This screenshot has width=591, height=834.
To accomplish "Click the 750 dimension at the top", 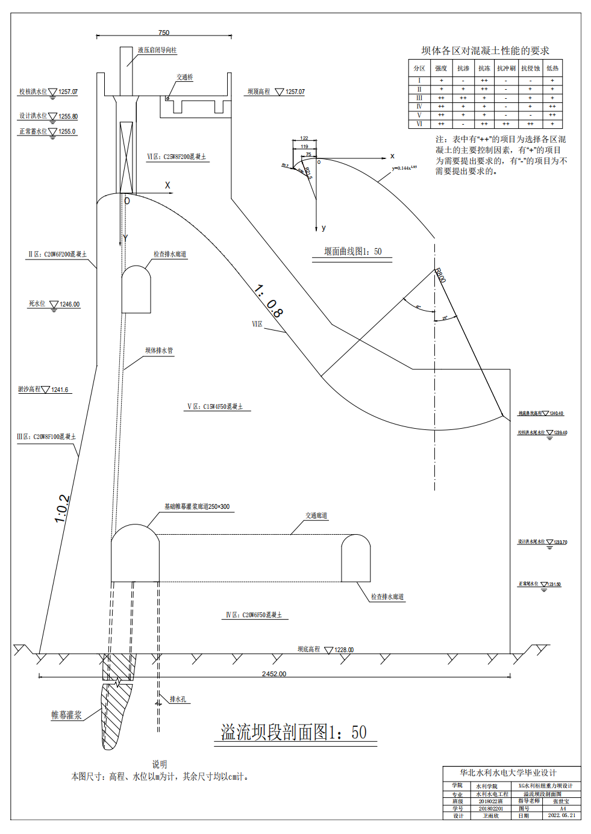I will [x=164, y=33].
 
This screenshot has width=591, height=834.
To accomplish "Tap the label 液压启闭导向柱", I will [x=157, y=50].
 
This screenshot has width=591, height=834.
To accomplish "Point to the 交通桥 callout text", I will [x=184, y=77].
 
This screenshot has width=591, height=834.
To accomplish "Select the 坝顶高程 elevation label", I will [x=259, y=92].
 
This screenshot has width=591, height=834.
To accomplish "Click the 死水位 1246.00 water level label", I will [x=54, y=304].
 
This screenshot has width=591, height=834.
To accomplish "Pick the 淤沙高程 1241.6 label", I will [x=43, y=390].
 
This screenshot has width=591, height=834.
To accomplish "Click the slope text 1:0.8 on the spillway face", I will [x=268, y=300].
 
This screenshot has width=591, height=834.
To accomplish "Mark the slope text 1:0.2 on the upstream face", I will [x=62, y=509].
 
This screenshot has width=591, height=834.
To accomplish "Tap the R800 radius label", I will [x=440, y=275].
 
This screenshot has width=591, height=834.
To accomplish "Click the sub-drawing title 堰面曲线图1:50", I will [x=352, y=251].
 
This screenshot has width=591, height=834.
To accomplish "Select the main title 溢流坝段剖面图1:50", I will [x=293, y=732].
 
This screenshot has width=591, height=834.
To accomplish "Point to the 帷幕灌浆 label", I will [x=66, y=715].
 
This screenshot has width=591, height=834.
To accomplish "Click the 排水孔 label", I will [x=178, y=699].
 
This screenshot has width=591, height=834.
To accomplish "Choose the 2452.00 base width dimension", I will [x=274, y=674].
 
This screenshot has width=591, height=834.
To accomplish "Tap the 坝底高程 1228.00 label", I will [x=325, y=649].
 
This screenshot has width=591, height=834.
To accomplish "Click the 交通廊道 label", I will [x=316, y=515].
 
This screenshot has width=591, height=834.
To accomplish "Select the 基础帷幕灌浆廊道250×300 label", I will [x=197, y=506].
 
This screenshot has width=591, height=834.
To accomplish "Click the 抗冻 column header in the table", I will [x=484, y=68].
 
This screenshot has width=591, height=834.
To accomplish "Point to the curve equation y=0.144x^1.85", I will [x=404, y=168].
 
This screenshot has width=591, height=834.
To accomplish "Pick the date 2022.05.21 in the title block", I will [x=561, y=815].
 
